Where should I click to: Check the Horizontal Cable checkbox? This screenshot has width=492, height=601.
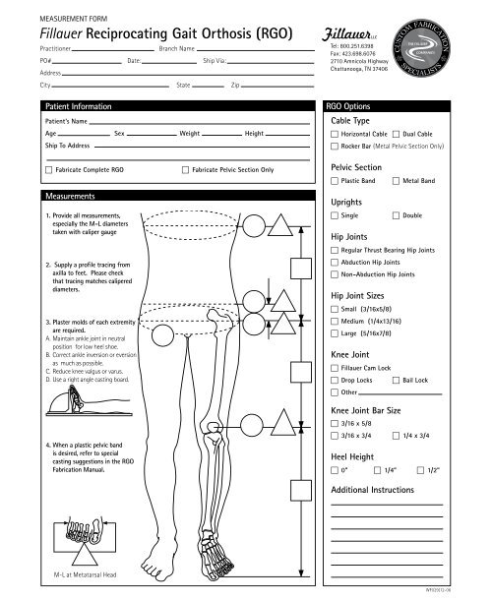point(336,133)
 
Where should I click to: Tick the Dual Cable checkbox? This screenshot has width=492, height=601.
point(396,133)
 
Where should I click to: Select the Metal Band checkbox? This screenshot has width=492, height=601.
point(396,181)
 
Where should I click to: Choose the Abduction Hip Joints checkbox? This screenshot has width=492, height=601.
point(336,263)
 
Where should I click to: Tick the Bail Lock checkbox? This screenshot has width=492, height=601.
point(396,379)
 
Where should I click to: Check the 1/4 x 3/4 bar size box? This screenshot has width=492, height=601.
point(396,434)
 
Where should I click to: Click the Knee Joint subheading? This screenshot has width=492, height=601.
point(352,352)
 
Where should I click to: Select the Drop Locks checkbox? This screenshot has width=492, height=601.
point(336,379)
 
